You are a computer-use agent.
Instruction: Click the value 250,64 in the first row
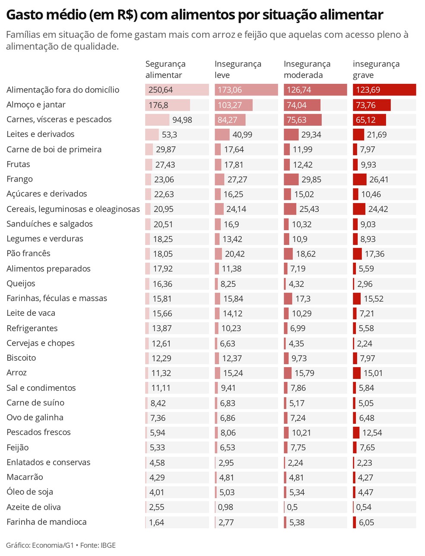tap(161, 90)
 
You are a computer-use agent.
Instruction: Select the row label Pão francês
tap(29, 254)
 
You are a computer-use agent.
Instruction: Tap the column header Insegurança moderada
tap(307, 70)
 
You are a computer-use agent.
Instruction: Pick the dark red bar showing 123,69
tap(384, 90)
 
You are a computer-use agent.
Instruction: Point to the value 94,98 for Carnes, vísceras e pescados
tap(182, 120)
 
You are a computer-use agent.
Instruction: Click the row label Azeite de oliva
tap(34, 507)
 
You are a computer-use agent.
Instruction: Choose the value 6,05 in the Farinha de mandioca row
tap(366, 522)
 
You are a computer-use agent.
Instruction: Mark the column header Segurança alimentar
tap(165, 70)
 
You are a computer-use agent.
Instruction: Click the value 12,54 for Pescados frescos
tap(372, 432)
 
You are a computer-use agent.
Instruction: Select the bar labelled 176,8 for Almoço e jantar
tap(168, 105)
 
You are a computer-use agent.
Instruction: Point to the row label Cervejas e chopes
tap(41, 343)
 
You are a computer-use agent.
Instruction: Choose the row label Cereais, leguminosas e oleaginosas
tap(73, 209)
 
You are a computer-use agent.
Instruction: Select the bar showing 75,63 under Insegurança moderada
tap(302, 120)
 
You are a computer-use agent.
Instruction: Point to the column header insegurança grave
tap(376, 70)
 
